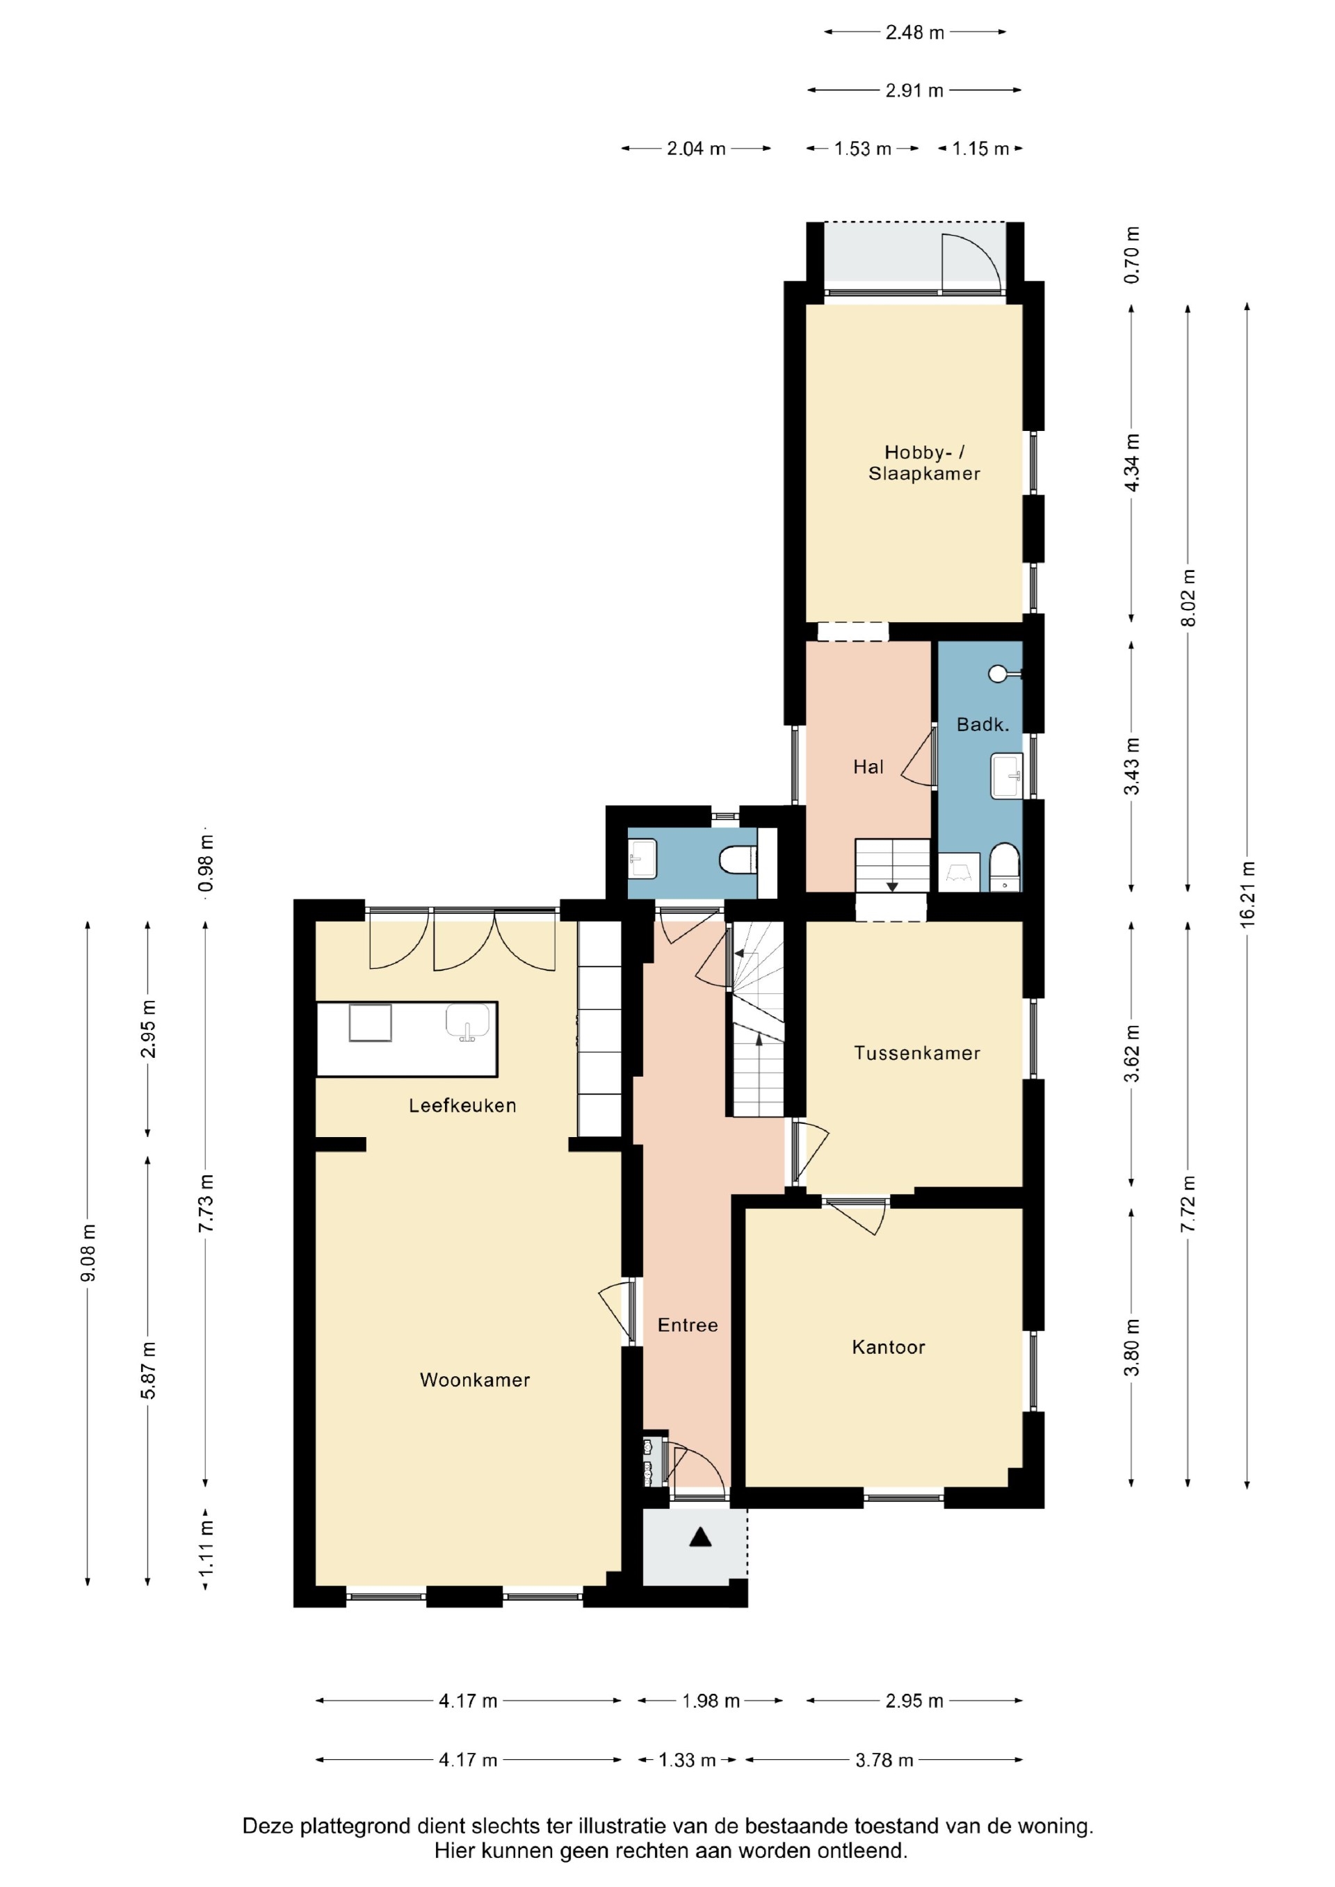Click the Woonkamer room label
(x=474, y=1380)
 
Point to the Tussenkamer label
(x=916, y=1053)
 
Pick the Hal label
(x=868, y=767)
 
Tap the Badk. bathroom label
(x=982, y=724)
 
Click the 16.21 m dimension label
(x=1248, y=895)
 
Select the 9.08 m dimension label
(x=89, y=1252)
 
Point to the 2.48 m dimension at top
(x=915, y=32)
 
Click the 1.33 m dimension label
(x=687, y=1760)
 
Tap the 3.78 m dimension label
(x=884, y=1760)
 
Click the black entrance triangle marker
(x=699, y=1536)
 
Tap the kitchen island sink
(x=468, y=1023)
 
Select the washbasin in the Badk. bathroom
(x=1006, y=775)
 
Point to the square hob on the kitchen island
(x=370, y=1023)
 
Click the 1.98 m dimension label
(x=711, y=1701)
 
